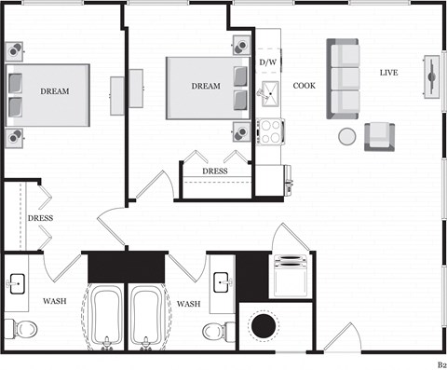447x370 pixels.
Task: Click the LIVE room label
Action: click(389, 73)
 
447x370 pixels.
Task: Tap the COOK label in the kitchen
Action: click(305, 86)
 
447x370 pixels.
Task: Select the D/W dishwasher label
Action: click(267, 62)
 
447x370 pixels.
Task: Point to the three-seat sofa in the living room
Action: click(343, 77)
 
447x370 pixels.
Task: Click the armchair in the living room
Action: click(381, 137)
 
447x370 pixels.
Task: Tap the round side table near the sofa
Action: click(346, 137)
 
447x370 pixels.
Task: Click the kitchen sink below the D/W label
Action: click(268, 91)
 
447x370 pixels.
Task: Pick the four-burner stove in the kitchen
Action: click(271, 131)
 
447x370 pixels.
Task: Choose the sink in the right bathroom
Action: click(221, 281)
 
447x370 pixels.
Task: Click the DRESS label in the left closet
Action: click(40, 218)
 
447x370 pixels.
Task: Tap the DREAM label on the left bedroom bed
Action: click(54, 91)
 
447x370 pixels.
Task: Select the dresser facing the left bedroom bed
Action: click(117, 95)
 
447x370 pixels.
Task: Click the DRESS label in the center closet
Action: click(214, 171)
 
